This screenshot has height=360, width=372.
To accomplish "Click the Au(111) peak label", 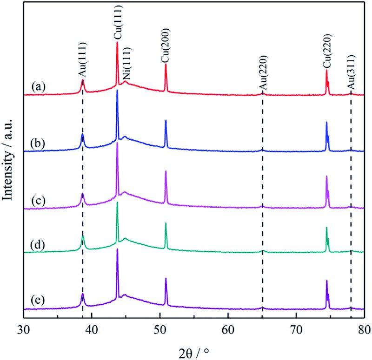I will tap(82, 65).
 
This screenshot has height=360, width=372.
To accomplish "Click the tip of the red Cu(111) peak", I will tap(117, 42).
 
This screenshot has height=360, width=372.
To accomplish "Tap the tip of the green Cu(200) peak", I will tap(166, 223).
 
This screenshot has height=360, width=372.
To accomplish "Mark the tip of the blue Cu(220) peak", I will tap(326, 122).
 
